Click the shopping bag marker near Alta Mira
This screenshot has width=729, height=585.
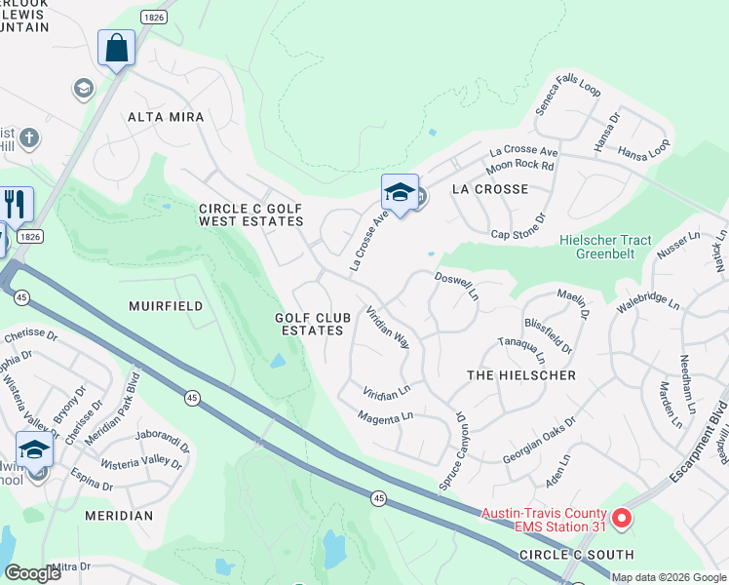(x=116, y=49)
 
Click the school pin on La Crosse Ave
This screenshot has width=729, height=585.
(x=400, y=192)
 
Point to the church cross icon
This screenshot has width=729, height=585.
(x=29, y=137)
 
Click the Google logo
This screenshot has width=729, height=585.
(x=33, y=574)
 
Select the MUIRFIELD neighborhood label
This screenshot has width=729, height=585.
(x=166, y=306)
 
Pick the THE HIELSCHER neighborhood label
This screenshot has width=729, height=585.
(x=521, y=375)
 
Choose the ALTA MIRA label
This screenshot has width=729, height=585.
(x=166, y=117)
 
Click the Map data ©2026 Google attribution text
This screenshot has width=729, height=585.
(x=668, y=577)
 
